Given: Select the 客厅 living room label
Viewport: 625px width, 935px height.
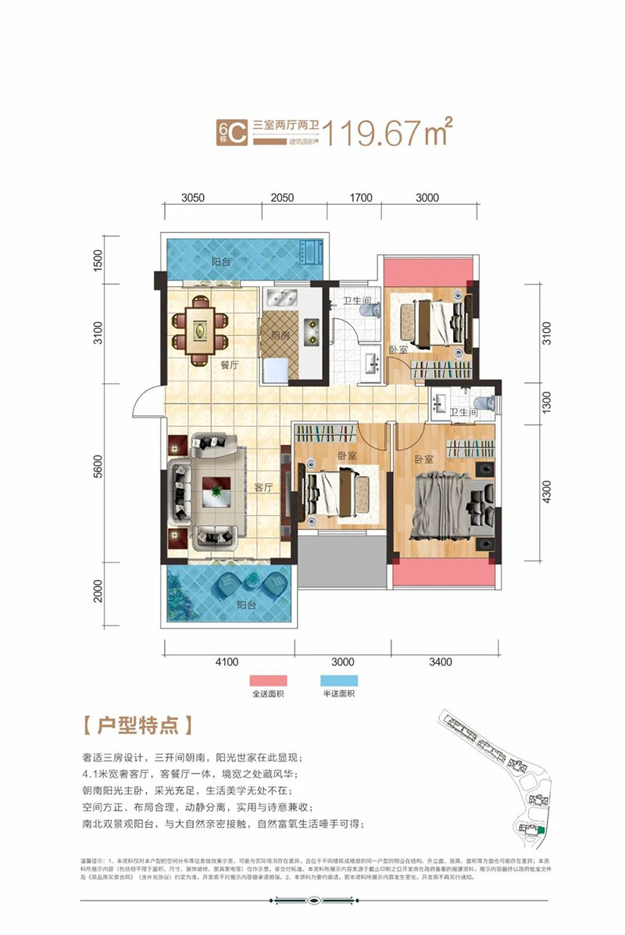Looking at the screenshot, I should coord(263,486).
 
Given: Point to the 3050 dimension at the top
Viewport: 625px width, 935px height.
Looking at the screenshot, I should coord(194,198).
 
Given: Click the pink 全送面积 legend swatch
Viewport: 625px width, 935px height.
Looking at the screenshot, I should coord(269,681).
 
